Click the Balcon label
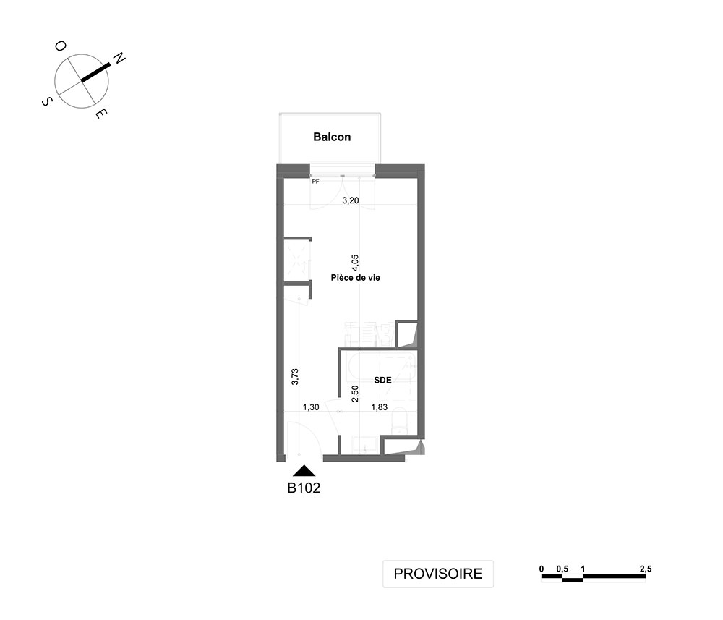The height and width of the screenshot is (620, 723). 332,137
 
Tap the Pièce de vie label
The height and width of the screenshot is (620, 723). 356,278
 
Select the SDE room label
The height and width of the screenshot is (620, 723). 382,380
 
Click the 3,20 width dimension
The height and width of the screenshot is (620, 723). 351,200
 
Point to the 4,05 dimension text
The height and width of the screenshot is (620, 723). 354,263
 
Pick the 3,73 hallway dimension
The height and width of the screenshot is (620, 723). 295,376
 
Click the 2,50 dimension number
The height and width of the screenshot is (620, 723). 355,394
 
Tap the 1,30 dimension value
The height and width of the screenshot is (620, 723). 311,407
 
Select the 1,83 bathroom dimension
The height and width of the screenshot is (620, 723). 380,407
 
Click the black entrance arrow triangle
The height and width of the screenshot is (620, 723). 304,471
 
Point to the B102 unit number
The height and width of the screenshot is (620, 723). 304,488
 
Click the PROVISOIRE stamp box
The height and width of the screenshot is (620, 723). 438,574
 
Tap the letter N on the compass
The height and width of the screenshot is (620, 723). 119,59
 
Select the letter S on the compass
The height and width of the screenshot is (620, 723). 46,101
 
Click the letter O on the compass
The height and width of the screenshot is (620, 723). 61,46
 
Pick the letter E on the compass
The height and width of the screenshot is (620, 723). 101,114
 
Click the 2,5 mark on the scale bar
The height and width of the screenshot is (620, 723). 646,569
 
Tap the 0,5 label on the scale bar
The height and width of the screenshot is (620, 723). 562,569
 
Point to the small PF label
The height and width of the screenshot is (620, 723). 315,182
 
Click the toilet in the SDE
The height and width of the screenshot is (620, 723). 399,422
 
